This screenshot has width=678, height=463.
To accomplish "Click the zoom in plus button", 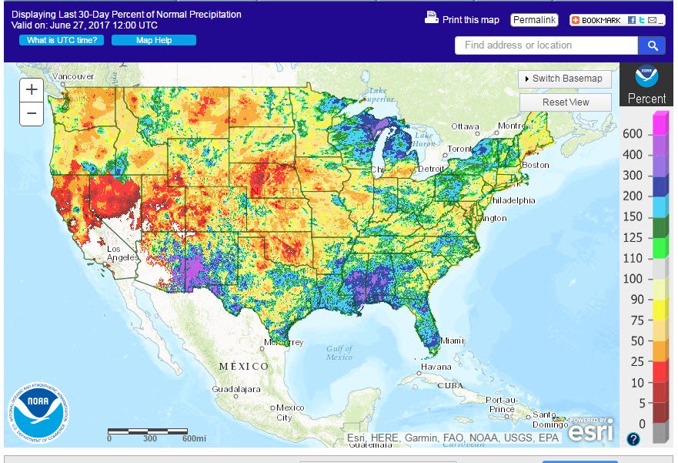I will pos(32,89).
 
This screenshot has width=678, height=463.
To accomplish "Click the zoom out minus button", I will pos(32,114).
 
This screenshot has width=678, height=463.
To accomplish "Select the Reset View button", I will pos(566,102).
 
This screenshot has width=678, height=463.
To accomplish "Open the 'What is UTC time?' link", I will pos(62,40).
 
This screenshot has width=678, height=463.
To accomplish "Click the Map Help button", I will pos(154,40).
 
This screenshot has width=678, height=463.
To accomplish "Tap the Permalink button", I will pos(534,19).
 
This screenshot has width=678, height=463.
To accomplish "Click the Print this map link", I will pos(463,19).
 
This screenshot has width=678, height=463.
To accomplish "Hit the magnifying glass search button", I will pos(652,45).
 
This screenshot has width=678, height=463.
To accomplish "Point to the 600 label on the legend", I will pos(633,134).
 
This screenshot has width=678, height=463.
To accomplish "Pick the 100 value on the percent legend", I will pos(633,279).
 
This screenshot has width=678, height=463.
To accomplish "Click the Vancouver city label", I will pos(75,76).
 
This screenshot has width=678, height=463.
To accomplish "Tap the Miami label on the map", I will pos(454,341).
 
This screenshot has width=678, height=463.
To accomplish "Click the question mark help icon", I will pos(633,439).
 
